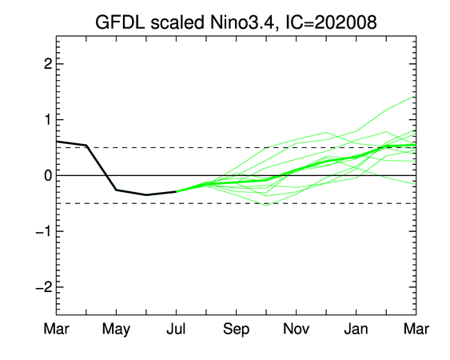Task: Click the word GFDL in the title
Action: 120,22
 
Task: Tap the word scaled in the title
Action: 177,22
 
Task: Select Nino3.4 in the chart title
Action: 242,22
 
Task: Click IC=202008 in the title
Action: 330,22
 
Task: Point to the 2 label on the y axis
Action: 48,64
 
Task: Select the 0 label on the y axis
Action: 48,175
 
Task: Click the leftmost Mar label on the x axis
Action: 56,329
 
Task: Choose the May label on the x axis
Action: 116,330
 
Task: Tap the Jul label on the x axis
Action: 176,329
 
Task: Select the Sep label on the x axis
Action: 237,330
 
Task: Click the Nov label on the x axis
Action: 297,329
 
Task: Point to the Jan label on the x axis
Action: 356,329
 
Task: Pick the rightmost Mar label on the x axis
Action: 416,329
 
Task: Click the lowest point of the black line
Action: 146,195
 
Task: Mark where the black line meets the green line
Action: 176,191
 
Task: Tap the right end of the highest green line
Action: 416,96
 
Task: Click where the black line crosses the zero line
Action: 106,175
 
